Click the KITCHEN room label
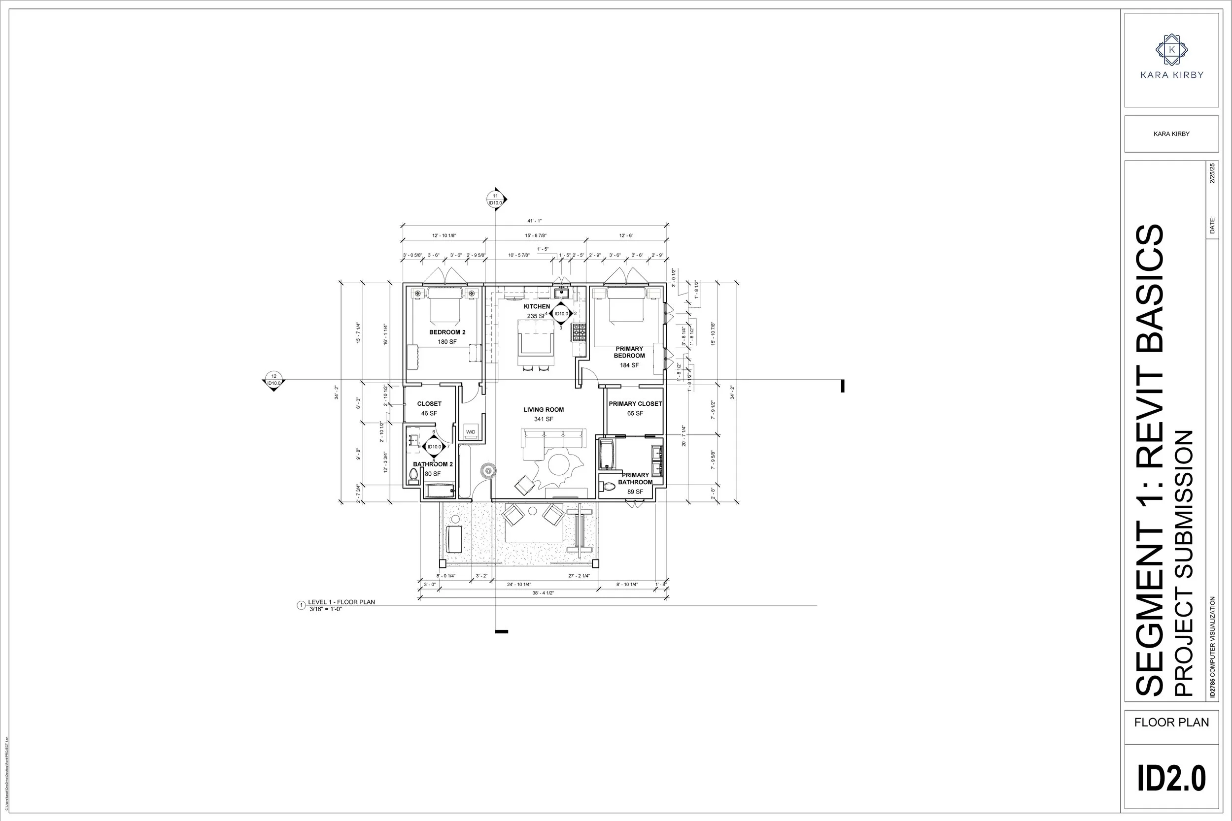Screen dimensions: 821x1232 (x=537, y=306)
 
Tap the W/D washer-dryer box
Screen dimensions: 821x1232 (x=471, y=431)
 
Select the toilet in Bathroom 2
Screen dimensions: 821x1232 (x=413, y=475)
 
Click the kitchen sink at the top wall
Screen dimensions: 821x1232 (x=561, y=292)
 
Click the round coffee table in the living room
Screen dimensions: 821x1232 (x=558, y=464)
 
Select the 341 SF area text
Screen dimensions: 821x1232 (x=543, y=420)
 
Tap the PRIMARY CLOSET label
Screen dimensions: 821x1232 (x=635, y=404)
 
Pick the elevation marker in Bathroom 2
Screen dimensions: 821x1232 (x=434, y=447)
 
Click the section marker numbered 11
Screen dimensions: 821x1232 (x=496, y=199)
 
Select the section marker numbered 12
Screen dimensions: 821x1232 (x=274, y=380)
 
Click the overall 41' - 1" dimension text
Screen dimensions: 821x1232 (x=534, y=221)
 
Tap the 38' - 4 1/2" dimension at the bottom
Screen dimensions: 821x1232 (x=543, y=592)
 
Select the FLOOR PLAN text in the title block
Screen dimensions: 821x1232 (x=1171, y=722)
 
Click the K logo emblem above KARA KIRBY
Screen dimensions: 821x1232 (x=1172, y=50)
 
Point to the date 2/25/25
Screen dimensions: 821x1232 (x=1212, y=173)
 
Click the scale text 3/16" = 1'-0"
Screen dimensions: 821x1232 (x=325, y=609)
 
